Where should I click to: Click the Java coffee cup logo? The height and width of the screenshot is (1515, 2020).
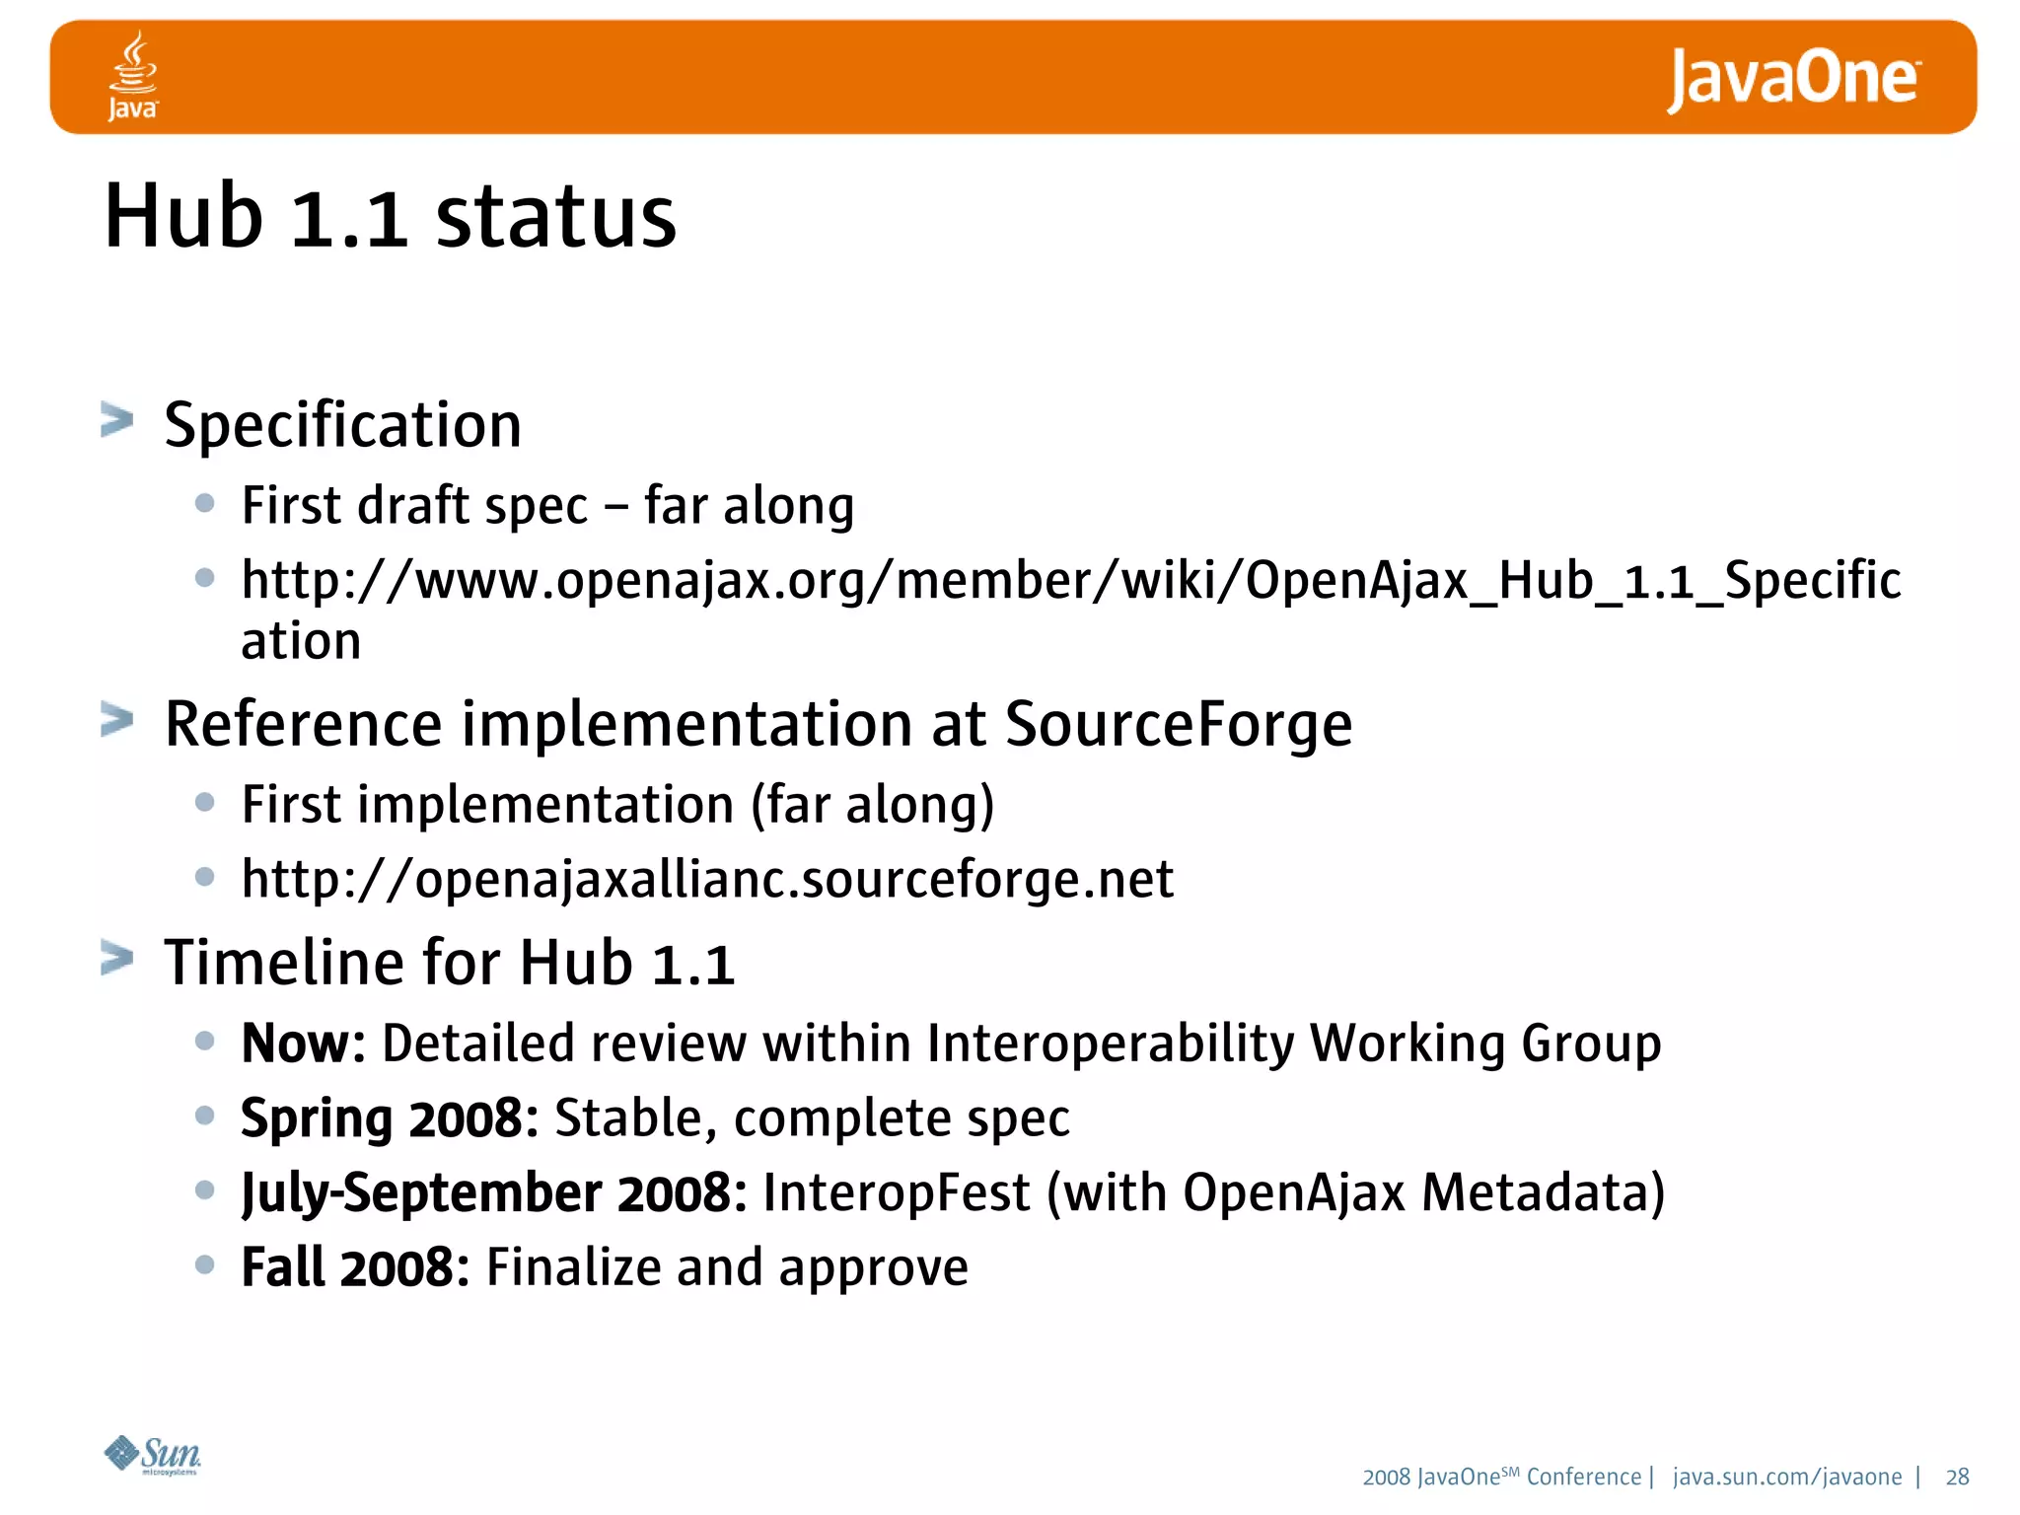[x=132, y=75]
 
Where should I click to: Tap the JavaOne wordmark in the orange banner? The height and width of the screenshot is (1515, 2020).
[x=1793, y=79]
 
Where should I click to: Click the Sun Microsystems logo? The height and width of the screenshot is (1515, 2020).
[x=153, y=1455]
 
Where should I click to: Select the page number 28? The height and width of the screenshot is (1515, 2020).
[x=1957, y=1477]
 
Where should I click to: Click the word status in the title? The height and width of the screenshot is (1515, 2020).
[x=556, y=217]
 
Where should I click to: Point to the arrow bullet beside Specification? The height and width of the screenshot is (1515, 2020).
[x=116, y=420]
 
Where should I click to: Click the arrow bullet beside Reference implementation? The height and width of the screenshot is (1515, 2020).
[x=116, y=720]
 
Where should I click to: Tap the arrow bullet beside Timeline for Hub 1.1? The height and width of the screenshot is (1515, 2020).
[x=116, y=958]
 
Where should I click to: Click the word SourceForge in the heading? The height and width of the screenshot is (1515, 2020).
[x=1178, y=725]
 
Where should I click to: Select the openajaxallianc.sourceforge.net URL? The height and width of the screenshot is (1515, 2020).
[x=707, y=879]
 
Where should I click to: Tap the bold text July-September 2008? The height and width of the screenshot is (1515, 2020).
[x=494, y=1193]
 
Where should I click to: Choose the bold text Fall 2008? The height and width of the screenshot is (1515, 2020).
[x=355, y=1267]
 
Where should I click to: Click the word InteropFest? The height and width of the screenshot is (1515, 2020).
[x=896, y=1193]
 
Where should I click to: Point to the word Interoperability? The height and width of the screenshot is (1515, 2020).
[x=1110, y=1044]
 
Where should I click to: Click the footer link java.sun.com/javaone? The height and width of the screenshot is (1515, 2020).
[x=1787, y=1477]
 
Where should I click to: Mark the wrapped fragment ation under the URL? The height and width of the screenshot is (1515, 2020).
[x=301, y=642]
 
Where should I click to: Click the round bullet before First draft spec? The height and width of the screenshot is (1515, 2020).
[x=205, y=504]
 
